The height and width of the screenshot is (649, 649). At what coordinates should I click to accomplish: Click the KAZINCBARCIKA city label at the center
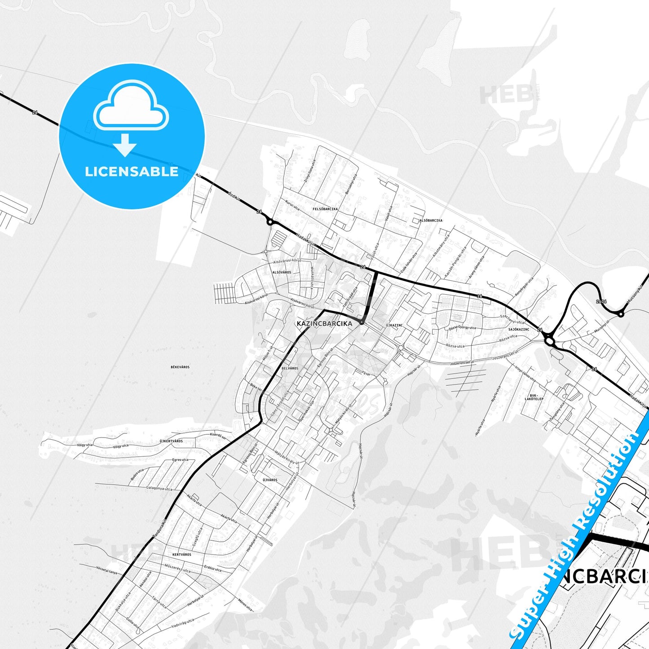coord(324,323)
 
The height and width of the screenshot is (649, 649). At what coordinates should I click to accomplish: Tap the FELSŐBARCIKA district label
coord(325,209)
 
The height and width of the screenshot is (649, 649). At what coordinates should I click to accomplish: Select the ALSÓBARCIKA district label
coord(431,221)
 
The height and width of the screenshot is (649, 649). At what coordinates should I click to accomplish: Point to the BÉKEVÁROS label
coord(180,367)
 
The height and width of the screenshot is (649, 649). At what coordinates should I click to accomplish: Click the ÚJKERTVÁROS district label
coord(171,441)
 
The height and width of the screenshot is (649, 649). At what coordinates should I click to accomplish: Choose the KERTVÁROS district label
coord(181,555)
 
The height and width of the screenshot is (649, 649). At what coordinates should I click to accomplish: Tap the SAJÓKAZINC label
coord(519,329)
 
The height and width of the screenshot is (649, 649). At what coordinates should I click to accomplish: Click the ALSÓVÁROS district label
coord(282,272)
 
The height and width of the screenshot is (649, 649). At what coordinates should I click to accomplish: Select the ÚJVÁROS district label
coord(270,480)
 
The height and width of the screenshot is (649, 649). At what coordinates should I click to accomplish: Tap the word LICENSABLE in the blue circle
coord(132,171)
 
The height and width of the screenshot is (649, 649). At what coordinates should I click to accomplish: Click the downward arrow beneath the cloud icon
coord(125,145)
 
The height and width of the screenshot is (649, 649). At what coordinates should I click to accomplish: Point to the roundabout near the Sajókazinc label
coord(550,342)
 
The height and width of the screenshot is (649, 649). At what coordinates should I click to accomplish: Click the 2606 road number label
coord(601,301)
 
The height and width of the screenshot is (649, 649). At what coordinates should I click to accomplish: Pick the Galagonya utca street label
coord(159,489)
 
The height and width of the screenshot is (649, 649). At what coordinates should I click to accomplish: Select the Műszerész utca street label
coord(177,568)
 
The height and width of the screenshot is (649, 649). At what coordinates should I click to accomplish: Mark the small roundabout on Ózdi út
coord(270,221)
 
